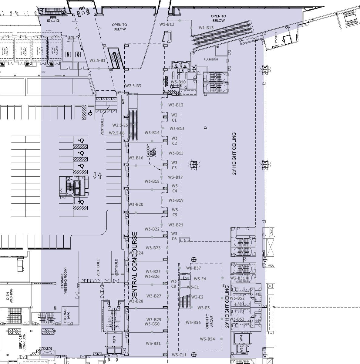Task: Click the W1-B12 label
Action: coord(167,24)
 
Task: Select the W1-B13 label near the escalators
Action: coord(206,28)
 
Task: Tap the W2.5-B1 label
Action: coord(97,61)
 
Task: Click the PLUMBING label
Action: coord(211,59)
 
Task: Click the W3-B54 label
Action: coord(207,339)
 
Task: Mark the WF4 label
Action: coord(241,338)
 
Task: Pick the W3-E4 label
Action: coord(200,279)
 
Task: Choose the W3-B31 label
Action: coord(153,343)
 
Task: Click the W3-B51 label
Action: coord(237,278)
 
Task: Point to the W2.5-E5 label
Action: coord(120,125)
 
